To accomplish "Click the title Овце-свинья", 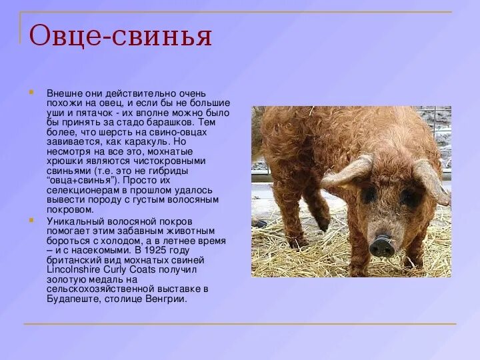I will [121, 36].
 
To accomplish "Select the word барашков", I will [175, 123].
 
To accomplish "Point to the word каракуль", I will [146, 142].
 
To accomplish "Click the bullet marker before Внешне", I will [31, 92].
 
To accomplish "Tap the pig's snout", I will [382, 246].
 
